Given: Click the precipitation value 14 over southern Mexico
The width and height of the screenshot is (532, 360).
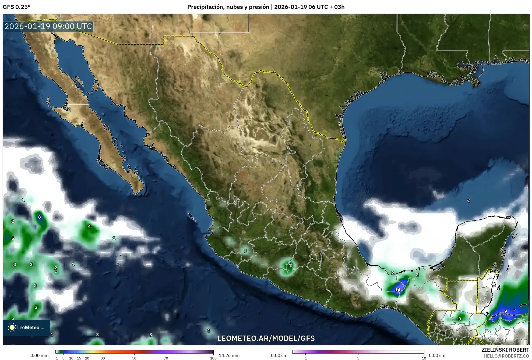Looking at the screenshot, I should tap(397, 290).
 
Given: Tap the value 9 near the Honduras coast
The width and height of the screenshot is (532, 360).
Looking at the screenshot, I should tap(505, 311).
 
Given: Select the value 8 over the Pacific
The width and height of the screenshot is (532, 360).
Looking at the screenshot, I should tap(40, 217).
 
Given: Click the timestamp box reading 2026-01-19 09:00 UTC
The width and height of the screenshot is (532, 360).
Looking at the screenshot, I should tap(48, 26).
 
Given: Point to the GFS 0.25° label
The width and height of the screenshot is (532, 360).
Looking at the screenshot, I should tap(17, 7).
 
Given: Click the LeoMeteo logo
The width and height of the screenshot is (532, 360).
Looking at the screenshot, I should tap(26, 327).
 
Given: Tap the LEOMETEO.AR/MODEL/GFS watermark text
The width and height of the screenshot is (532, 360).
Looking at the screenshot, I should tap(266, 338).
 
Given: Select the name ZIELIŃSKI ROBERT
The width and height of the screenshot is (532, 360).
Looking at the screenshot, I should tap(505, 350).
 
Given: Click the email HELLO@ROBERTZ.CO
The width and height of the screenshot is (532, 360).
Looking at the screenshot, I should tap(506, 356).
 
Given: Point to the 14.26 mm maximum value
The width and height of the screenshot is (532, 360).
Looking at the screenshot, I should tap(229, 355).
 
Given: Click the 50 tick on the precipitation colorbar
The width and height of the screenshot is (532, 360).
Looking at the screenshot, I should tap(134, 358).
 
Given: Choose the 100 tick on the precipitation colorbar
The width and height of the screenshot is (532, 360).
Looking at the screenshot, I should tap(213, 358).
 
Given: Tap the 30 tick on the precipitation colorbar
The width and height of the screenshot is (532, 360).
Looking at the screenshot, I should tap(103, 358).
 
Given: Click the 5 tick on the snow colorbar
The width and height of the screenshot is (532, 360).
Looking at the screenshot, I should tap(358, 358).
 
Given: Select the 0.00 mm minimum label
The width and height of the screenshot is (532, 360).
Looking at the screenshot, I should tap(39, 355).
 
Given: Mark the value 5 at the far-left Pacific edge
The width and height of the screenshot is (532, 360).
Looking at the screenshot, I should tap(13, 238).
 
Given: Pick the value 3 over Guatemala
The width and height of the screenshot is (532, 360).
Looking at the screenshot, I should tap(460, 319).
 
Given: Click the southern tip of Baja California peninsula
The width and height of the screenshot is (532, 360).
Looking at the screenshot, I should tap(137, 192).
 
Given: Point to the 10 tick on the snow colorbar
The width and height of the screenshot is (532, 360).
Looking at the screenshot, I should tap(424, 358).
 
